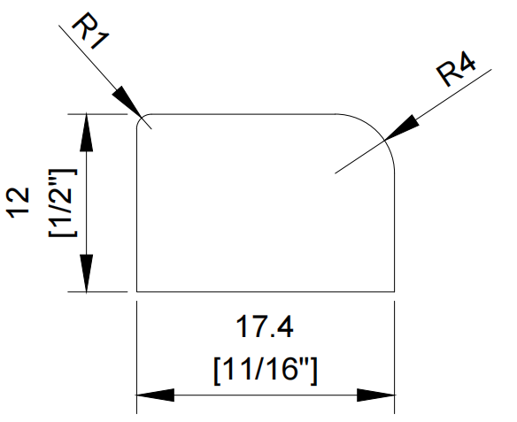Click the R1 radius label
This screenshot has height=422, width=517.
(90, 31)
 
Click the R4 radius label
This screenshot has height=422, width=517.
(456, 69)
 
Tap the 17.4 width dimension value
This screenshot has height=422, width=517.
(265, 326)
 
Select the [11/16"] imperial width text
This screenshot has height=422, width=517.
(266, 372)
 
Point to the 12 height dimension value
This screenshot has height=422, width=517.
(18, 203)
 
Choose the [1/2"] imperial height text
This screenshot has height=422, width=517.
(63, 203)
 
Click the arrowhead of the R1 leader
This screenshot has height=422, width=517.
(127, 102)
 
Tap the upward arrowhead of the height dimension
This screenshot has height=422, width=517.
(87, 133)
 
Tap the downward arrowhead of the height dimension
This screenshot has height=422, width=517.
(87, 273)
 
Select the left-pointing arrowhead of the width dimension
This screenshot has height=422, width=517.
(155, 395)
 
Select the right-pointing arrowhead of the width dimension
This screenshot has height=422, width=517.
(376, 395)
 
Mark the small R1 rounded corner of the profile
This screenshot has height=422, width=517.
(141, 118)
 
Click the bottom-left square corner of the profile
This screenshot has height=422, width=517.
(137, 292)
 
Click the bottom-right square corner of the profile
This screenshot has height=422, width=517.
(394, 292)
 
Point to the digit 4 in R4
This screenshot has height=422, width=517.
(466, 63)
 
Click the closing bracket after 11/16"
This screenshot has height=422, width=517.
(314, 372)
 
